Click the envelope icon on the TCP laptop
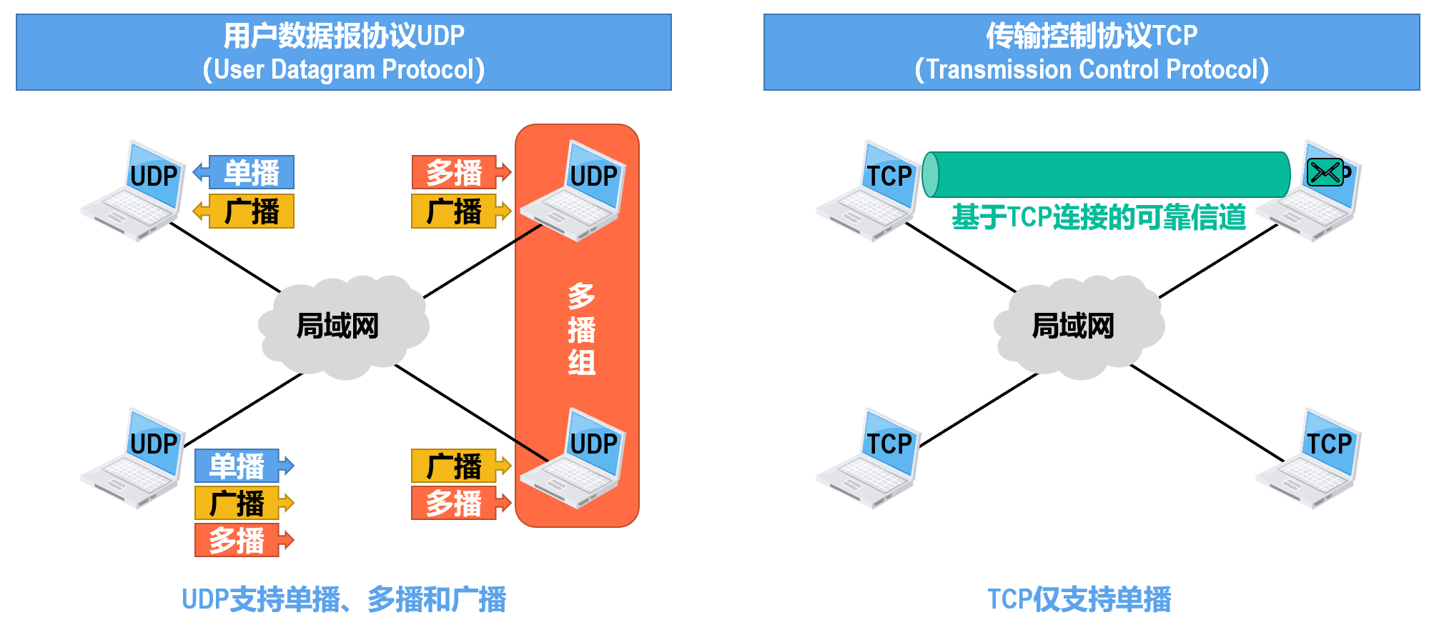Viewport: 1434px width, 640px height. (x=1325, y=172)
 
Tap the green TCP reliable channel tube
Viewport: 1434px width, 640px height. (x=1106, y=174)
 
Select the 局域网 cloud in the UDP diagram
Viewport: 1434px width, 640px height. (x=342, y=326)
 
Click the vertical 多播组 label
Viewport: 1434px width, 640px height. (x=581, y=329)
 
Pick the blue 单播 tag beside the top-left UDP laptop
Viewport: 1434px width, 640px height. (x=250, y=173)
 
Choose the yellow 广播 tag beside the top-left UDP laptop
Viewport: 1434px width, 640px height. (x=250, y=211)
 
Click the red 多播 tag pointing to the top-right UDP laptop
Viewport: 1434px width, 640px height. (x=455, y=173)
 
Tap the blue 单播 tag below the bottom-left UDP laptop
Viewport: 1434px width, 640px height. (x=237, y=466)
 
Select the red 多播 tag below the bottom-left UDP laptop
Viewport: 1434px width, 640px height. (x=237, y=540)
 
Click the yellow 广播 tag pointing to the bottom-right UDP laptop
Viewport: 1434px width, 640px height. (x=455, y=466)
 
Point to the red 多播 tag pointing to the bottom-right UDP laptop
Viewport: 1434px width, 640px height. (x=455, y=503)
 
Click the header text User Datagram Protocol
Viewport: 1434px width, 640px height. (x=344, y=70)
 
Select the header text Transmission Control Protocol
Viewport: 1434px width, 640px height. (x=1092, y=70)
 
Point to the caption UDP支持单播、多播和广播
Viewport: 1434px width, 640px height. (x=344, y=599)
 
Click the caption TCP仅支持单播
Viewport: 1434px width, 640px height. (x=1079, y=599)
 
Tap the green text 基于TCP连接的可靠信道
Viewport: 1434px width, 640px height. (x=1099, y=217)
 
